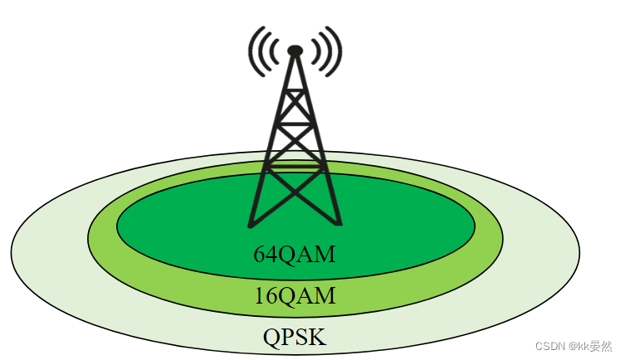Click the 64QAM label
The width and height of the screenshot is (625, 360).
click(294, 254)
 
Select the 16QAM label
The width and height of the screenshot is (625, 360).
click(295, 295)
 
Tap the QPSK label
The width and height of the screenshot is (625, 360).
click(295, 338)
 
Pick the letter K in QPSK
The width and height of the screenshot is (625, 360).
click(318, 338)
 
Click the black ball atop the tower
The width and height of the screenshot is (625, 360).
click(295, 51)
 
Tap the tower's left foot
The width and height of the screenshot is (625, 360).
click(251, 223)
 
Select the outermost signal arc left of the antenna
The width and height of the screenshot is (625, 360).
click(253, 51)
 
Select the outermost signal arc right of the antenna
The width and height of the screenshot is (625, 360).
click(337, 51)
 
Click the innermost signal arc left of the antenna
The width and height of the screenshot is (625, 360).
click(278, 51)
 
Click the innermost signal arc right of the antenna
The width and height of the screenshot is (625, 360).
click(312, 51)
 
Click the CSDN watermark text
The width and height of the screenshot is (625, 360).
click(549, 346)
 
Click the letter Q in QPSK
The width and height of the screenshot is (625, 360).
click(272, 338)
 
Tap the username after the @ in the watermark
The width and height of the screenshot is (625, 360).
click(596, 346)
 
